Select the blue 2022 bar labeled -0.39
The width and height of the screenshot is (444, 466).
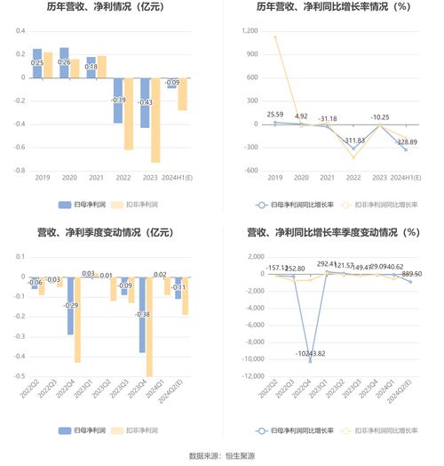coord(118,111)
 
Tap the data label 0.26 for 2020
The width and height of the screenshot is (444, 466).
coord(64,62)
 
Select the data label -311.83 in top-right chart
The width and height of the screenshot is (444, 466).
coord(355,141)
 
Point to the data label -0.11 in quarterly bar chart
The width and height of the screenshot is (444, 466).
coord(178,287)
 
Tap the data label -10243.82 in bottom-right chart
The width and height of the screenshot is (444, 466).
coord(310,353)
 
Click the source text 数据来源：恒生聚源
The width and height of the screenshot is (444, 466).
coord(222,455)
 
